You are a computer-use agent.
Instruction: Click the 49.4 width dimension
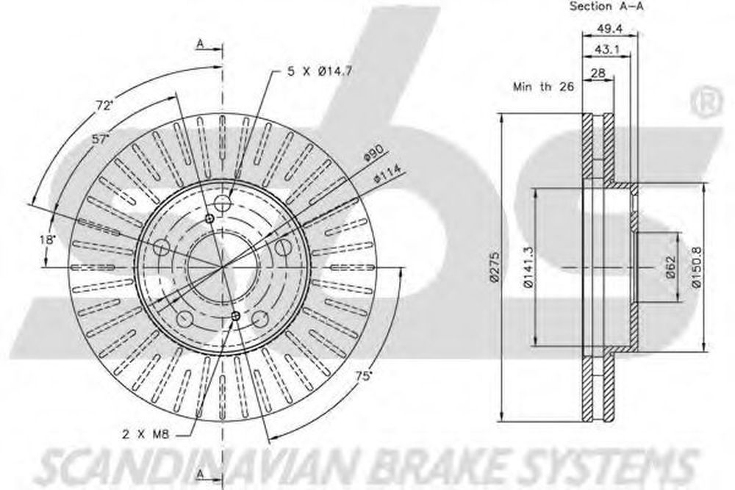(609, 28)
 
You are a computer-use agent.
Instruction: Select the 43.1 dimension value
(606, 48)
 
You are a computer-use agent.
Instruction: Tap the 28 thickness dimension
(598, 73)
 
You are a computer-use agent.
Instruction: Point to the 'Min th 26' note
(543, 87)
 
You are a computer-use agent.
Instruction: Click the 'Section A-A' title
(606, 6)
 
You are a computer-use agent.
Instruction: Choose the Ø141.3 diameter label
(528, 267)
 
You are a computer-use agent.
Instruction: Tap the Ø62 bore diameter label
(671, 267)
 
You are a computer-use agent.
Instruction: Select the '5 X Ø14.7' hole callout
(319, 71)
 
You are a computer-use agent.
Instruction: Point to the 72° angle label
(104, 106)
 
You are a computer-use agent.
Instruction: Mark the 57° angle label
(100, 139)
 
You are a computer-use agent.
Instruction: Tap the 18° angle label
(47, 239)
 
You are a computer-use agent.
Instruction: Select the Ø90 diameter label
(374, 154)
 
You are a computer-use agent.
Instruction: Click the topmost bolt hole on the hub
(222, 203)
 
